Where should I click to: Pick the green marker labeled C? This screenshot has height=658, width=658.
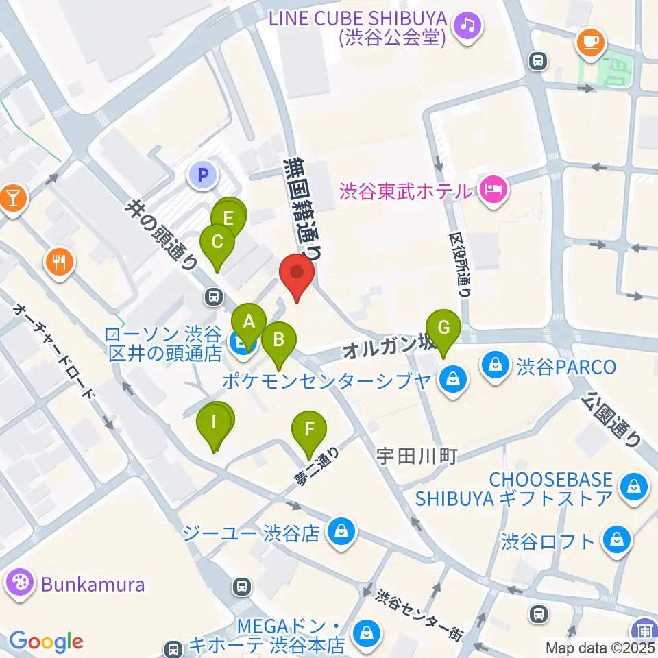click(217, 243)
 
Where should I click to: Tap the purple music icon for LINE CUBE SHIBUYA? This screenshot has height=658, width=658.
click(470, 26)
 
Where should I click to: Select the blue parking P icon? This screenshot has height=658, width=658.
click(202, 176)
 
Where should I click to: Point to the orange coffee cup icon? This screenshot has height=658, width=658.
click(589, 42)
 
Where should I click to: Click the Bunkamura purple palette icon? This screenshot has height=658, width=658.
click(20, 584)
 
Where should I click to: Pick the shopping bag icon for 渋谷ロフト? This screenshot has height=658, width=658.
click(617, 541)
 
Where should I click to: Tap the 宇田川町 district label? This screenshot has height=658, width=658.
click(416, 456)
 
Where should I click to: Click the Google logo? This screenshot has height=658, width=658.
click(46, 642)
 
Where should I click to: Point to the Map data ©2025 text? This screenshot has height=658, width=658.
click(600, 647)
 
